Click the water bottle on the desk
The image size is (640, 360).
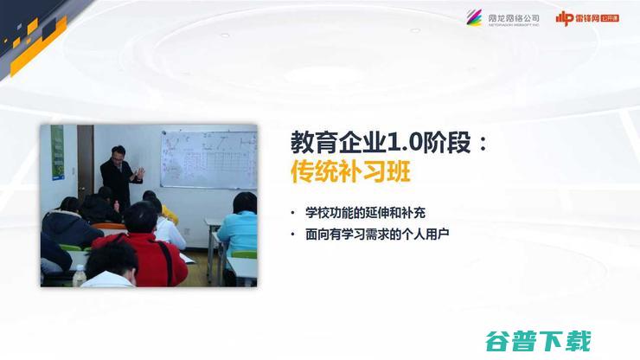pyautogui.click(x=80, y=276)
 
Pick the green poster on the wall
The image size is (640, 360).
pyautogui.click(x=57, y=152)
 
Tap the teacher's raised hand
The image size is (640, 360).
pyautogui.click(x=138, y=173)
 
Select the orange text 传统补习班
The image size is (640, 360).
pyautogui.click(x=350, y=172)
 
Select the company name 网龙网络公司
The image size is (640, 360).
pyautogui.click(x=514, y=16)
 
